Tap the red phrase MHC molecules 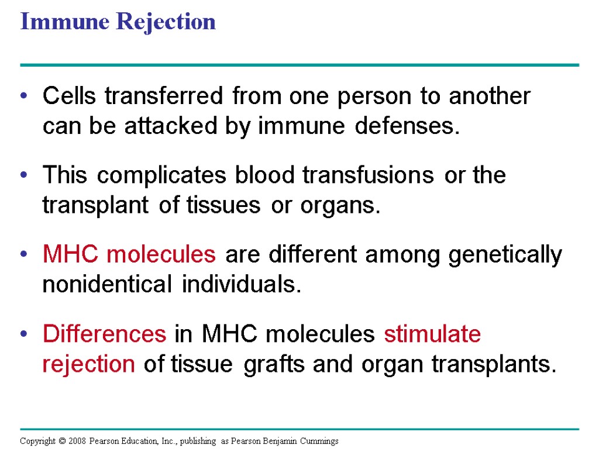click(x=129, y=255)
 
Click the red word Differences click(x=105, y=334)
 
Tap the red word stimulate click(x=432, y=334)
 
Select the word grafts click(x=275, y=364)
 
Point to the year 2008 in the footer click(x=78, y=441)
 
